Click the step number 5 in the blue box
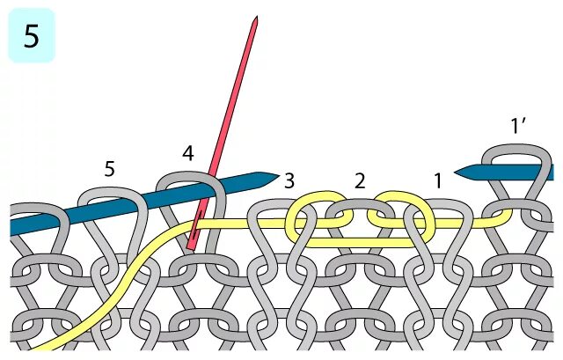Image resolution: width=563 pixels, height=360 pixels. (31, 38)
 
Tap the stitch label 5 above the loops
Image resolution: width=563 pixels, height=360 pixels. (109, 169)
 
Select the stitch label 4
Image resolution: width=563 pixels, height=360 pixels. (187, 153)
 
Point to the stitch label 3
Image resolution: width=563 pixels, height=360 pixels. (289, 181)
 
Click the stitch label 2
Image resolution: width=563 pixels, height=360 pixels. (359, 181)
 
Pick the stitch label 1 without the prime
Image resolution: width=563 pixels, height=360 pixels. (437, 181)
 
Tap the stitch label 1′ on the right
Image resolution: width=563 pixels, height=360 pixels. (518, 127)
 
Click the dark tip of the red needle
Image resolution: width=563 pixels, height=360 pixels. (254, 20)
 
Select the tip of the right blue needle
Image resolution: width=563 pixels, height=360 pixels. (458, 170)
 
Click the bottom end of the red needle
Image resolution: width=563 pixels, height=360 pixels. (191, 248)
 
